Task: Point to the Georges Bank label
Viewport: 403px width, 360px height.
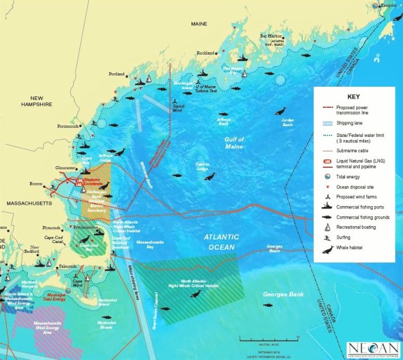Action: (x=278, y=294)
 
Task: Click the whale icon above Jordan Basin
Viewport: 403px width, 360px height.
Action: (x=280, y=111)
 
